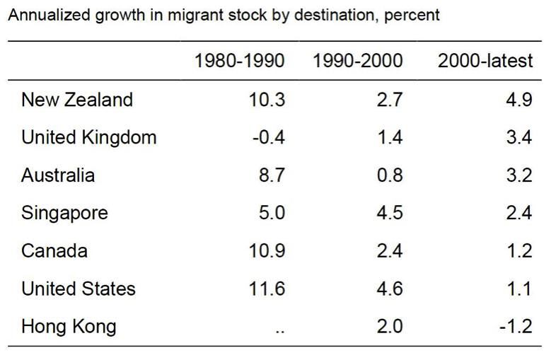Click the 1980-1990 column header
click(x=239, y=61)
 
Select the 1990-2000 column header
click(x=357, y=61)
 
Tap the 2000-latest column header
click(x=485, y=61)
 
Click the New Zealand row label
click(x=77, y=99)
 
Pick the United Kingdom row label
click(x=89, y=137)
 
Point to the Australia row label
click(x=58, y=175)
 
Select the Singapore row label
click(x=65, y=213)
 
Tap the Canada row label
click(x=54, y=250)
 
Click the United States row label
click(x=79, y=289)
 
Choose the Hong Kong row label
click(x=69, y=327)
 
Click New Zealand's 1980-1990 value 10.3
click(x=268, y=99)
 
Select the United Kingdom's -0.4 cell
click(x=268, y=137)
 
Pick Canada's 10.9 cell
click(x=268, y=250)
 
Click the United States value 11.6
click(x=268, y=289)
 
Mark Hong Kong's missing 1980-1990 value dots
click(x=279, y=330)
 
